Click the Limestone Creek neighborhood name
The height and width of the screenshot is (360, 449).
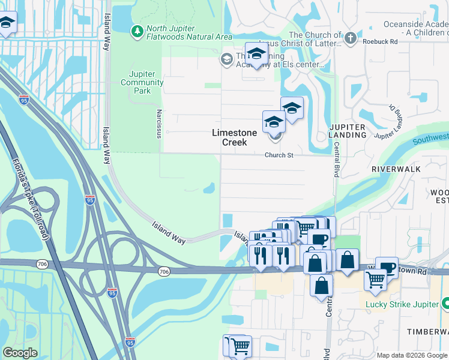[x=234, y=137]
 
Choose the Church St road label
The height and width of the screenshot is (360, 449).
[x=279, y=155]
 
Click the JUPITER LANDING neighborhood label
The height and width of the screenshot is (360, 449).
[x=348, y=131]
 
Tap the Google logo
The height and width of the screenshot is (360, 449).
[x=20, y=353]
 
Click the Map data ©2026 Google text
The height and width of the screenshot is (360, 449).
[x=411, y=355]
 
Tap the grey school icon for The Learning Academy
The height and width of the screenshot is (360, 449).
[x=226, y=58]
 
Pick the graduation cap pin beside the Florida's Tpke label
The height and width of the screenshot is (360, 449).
[x=6, y=23]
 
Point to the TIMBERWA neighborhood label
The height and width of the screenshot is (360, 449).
[x=427, y=332]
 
